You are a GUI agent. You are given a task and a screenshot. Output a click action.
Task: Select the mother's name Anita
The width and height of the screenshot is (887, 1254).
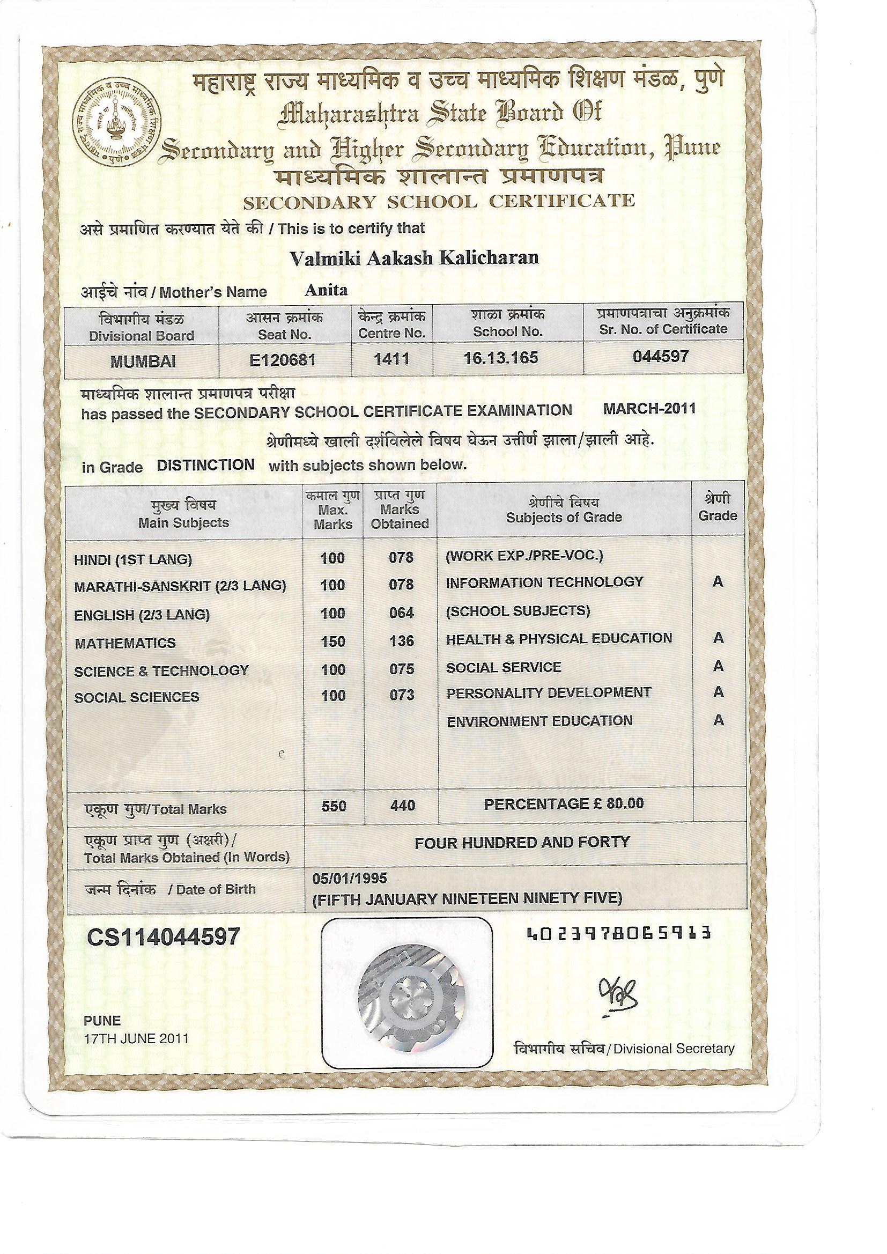[x=326, y=290]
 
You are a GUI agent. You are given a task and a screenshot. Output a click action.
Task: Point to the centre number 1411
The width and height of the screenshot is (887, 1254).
[x=391, y=359]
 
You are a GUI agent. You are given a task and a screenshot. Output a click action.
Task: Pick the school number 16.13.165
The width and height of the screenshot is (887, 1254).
[x=501, y=358]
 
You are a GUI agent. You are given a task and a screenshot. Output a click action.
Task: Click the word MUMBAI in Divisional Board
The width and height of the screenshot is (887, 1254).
[x=143, y=362]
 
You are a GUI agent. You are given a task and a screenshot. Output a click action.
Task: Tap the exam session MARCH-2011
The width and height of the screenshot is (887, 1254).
[x=649, y=409]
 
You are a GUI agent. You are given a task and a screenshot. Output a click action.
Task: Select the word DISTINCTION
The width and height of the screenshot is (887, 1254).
[x=205, y=465]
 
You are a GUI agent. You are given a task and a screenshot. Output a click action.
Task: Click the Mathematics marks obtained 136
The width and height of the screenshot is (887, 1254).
[x=402, y=641]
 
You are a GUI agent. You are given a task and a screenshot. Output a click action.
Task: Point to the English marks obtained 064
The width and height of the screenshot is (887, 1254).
[x=402, y=614]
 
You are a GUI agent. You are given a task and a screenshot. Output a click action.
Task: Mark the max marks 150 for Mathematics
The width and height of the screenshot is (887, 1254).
[x=333, y=641]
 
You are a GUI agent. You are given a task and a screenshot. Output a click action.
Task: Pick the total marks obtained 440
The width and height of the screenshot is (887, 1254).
[x=403, y=806]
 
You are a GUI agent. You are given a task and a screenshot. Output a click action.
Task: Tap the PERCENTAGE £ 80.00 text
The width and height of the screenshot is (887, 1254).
[x=564, y=803]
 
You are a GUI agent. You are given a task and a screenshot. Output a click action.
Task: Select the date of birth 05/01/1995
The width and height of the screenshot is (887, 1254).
[x=350, y=878]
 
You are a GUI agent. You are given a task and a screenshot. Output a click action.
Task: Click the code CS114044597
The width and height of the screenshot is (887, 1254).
[x=164, y=937]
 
